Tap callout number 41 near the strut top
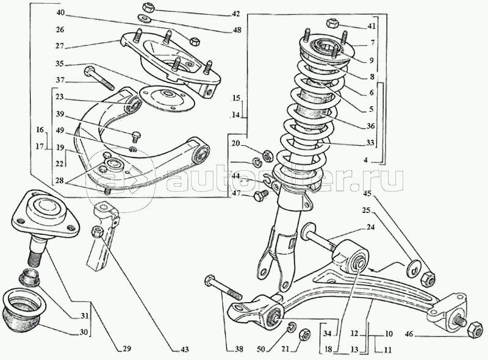pyautogui.click(x=372, y=26)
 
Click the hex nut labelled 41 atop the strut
pyautogui.click(x=332, y=23)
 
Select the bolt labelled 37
pyautogui.click(x=98, y=76)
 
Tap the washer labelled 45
pyautogui.click(x=413, y=266)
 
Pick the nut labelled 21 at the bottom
pyautogui.click(x=306, y=334)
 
